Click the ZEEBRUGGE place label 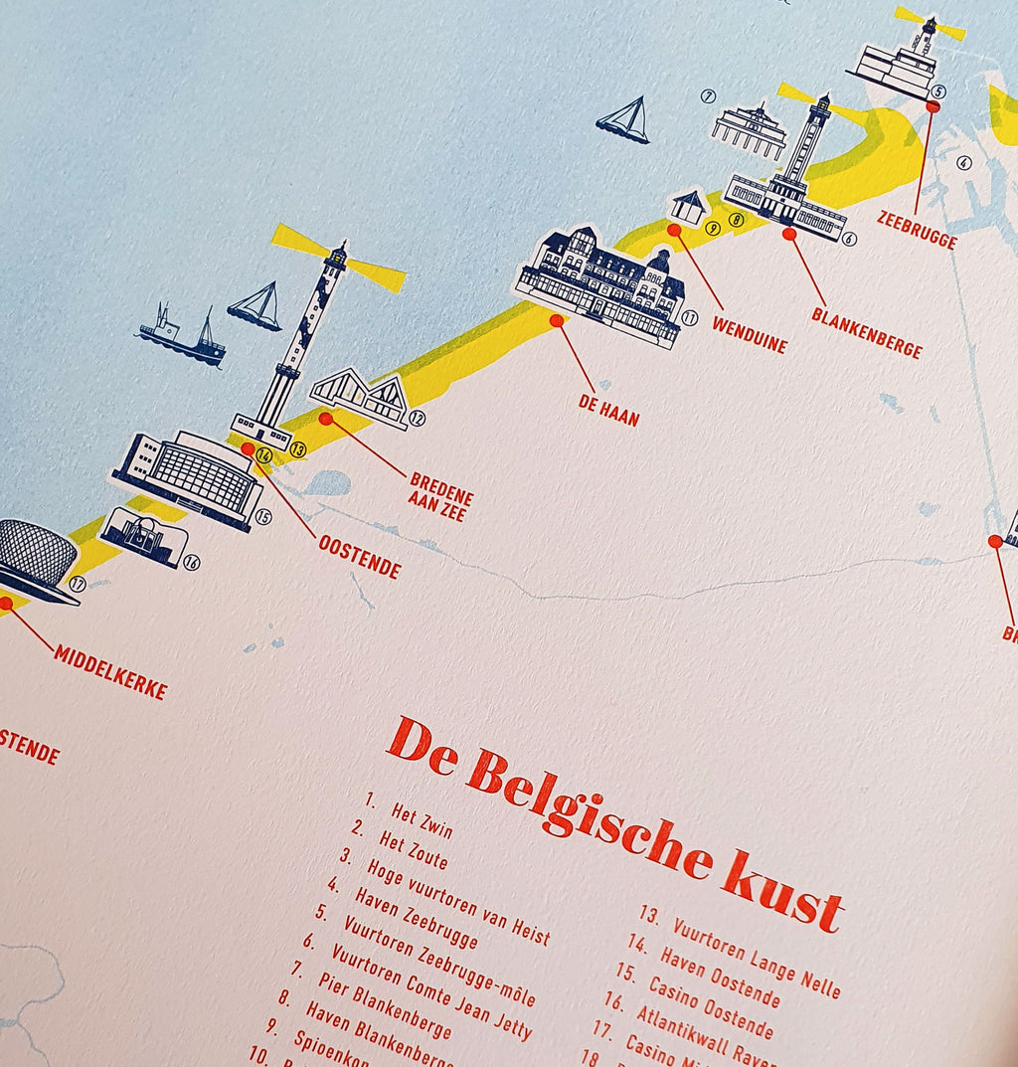(x=917, y=229)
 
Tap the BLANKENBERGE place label (x=866, y=332)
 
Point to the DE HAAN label (x=608, y=410)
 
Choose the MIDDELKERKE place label (x=110, y=671)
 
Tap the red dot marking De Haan (x=557, y=321)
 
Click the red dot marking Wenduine (x=674, y=230)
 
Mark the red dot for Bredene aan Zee (x=325, y=419)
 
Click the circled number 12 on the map (x=418, y=419)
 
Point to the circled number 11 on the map (x=690, y=318)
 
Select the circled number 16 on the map (x=192, y=563)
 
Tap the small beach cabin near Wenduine (x=688, y=207)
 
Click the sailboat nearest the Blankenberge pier (x=624, y=120)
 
